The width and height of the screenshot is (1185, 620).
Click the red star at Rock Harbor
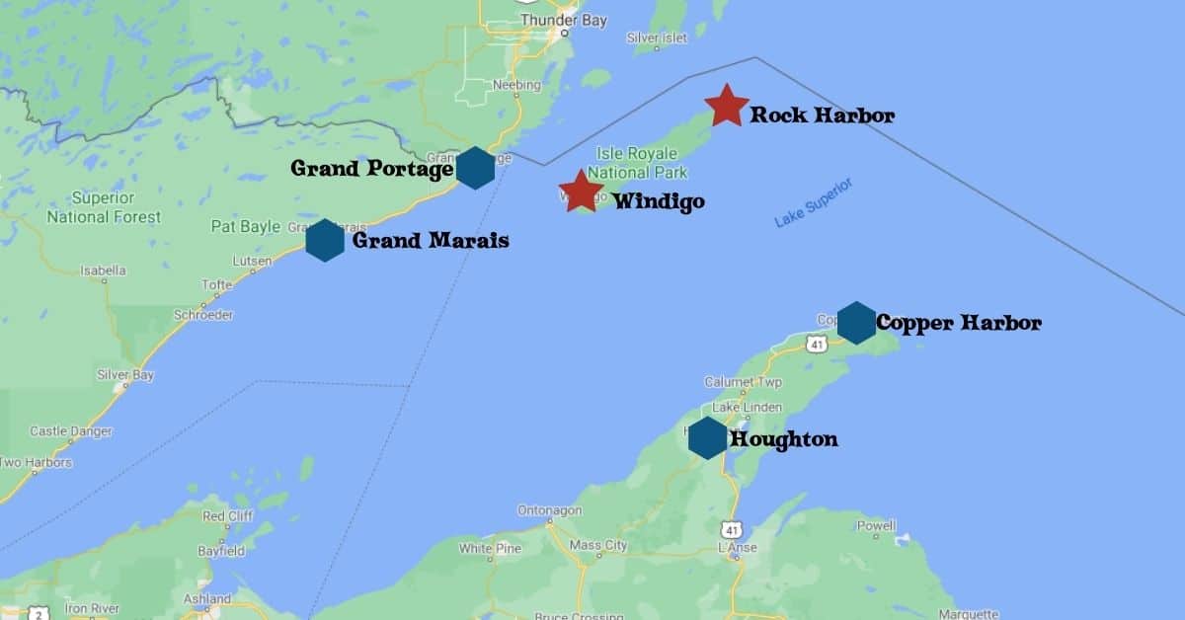727,106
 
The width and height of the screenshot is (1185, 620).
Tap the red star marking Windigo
581,192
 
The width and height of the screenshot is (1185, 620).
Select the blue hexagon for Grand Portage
475,168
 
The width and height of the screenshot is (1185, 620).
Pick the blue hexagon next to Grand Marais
325,240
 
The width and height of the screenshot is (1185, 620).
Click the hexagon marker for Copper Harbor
856,323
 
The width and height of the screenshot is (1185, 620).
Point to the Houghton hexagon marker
708,437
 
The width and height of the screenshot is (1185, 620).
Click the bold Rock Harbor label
822,116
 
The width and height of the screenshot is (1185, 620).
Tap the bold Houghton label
783,439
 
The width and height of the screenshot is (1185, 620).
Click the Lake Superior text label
813,203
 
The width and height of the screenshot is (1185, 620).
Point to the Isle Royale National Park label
638,163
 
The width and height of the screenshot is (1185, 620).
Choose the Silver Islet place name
657,38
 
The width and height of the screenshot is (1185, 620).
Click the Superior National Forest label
103,207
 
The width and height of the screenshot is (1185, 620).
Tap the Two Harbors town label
36,462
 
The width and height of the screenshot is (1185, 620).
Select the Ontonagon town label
551,510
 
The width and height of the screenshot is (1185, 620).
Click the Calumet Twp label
743,382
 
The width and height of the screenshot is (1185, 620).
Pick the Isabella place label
103,270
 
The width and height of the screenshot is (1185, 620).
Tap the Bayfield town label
220,551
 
